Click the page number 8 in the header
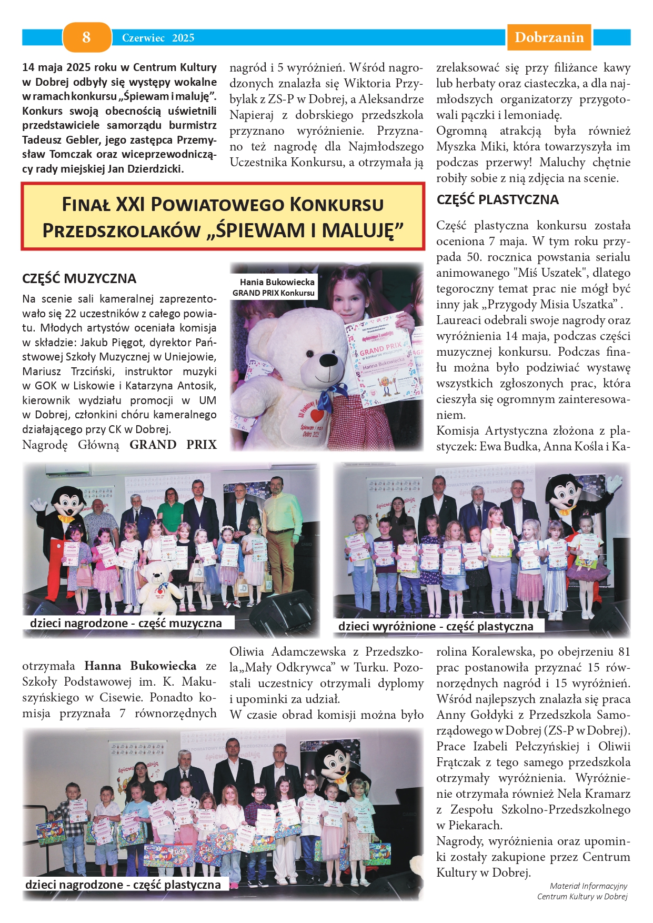click(86, 37)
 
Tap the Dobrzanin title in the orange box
click(549, 37)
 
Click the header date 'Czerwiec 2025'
click(158, 38)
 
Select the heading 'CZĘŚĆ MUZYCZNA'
click(79, 278)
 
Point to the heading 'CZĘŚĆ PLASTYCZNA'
click(497, 199)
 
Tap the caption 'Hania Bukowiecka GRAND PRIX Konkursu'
click(274, 287)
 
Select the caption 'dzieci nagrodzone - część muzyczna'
click(126, 623)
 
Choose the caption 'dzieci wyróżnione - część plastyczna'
click(436, 626)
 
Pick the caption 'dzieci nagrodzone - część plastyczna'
click(123, 885)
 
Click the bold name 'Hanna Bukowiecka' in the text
click(140, 666)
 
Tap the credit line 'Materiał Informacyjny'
click(588, 886)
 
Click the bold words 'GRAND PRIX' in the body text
click(173, 445)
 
